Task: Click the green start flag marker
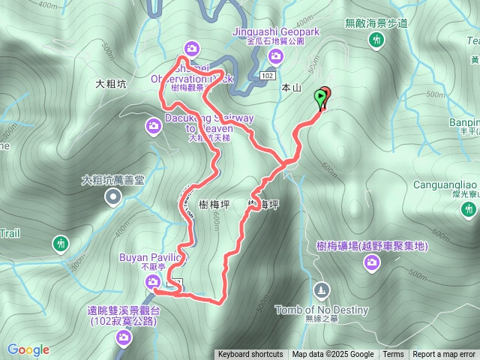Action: (322, 97)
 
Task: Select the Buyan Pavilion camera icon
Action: (153, 281)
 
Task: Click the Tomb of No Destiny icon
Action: (322, 289)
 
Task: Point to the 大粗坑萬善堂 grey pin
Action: (113, 197)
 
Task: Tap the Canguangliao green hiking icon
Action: (469, 207)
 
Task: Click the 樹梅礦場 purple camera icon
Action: (371, 261)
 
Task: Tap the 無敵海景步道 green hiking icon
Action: (376, 40)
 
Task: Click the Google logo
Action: (28, 349)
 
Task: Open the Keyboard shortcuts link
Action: (250, 355)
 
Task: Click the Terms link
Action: (393, 355)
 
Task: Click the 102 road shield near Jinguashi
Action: (268, 76)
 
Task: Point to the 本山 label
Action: (290, 88)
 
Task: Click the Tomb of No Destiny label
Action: (322, 310)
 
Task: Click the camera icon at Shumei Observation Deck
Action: (193, 49)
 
